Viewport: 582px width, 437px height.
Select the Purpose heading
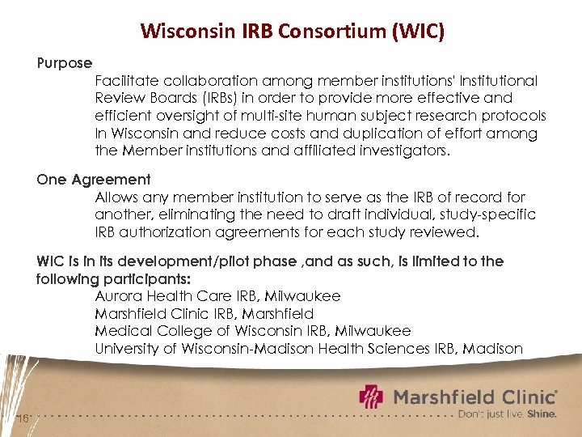tap(65, 62)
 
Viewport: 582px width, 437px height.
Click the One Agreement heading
tap(94, 180)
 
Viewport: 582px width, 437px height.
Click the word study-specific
tap(487, 214)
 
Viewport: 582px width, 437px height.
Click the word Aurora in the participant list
tap(120, 296)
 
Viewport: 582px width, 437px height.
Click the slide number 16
tap(23, 418)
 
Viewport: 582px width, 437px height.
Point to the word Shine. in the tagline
tap(542, 414)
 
